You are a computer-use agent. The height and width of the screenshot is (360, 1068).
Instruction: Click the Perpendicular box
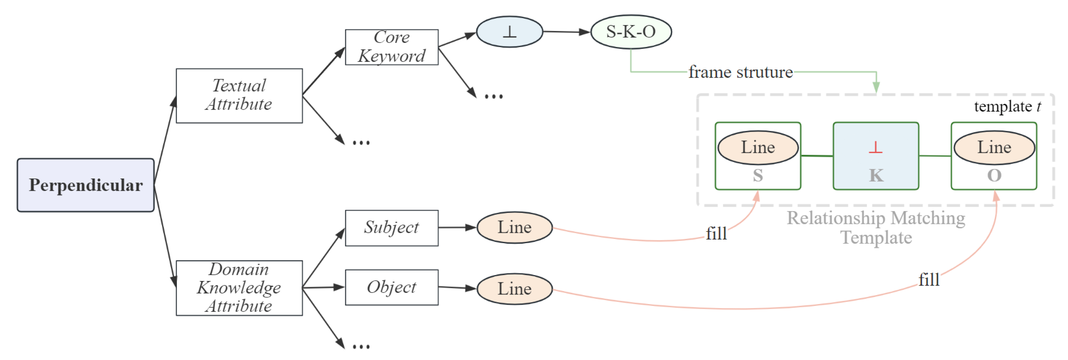(85, 185)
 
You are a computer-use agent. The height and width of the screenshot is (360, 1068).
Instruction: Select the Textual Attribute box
(239, 96)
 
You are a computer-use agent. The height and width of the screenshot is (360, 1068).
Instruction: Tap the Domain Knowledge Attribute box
(239, 288)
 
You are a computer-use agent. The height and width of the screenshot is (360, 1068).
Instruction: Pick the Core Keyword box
(391, 47)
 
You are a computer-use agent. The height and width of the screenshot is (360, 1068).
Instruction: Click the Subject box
(391, 228)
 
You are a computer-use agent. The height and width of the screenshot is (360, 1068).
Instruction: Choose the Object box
(391, 288)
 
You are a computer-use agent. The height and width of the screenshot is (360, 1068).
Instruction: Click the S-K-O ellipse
(631, 32)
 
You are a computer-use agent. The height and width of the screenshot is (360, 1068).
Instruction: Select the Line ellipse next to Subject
(514, 227)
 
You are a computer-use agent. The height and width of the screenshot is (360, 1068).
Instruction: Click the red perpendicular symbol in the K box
(875, 147)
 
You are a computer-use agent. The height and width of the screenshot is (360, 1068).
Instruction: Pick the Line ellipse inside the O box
(994, 147)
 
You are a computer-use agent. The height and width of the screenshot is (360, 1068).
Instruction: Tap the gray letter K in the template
(876, 176)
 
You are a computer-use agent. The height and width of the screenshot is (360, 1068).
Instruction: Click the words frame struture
(741, 72)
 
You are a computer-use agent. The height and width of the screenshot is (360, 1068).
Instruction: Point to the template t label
(1007, 107)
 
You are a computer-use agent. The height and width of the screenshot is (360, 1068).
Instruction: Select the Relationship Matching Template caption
(876, 227)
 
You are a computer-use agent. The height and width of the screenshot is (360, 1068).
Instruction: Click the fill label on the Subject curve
(716, 234)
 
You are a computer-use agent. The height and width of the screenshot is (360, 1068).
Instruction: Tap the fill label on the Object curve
(929, 280)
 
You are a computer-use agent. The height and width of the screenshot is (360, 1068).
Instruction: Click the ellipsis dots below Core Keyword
(493, 97)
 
